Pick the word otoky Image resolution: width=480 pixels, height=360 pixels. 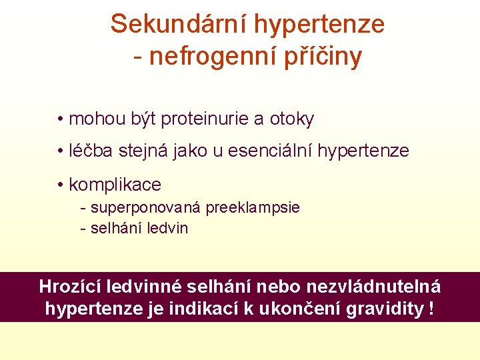click(x=291, y=119)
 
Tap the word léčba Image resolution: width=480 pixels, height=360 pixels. click(x=93, y=151)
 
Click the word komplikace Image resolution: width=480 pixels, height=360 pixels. click(x=115, y=184)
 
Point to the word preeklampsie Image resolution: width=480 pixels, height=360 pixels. click(x=253, y=207)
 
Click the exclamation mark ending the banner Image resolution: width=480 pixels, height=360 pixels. click(x=432, y=309)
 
